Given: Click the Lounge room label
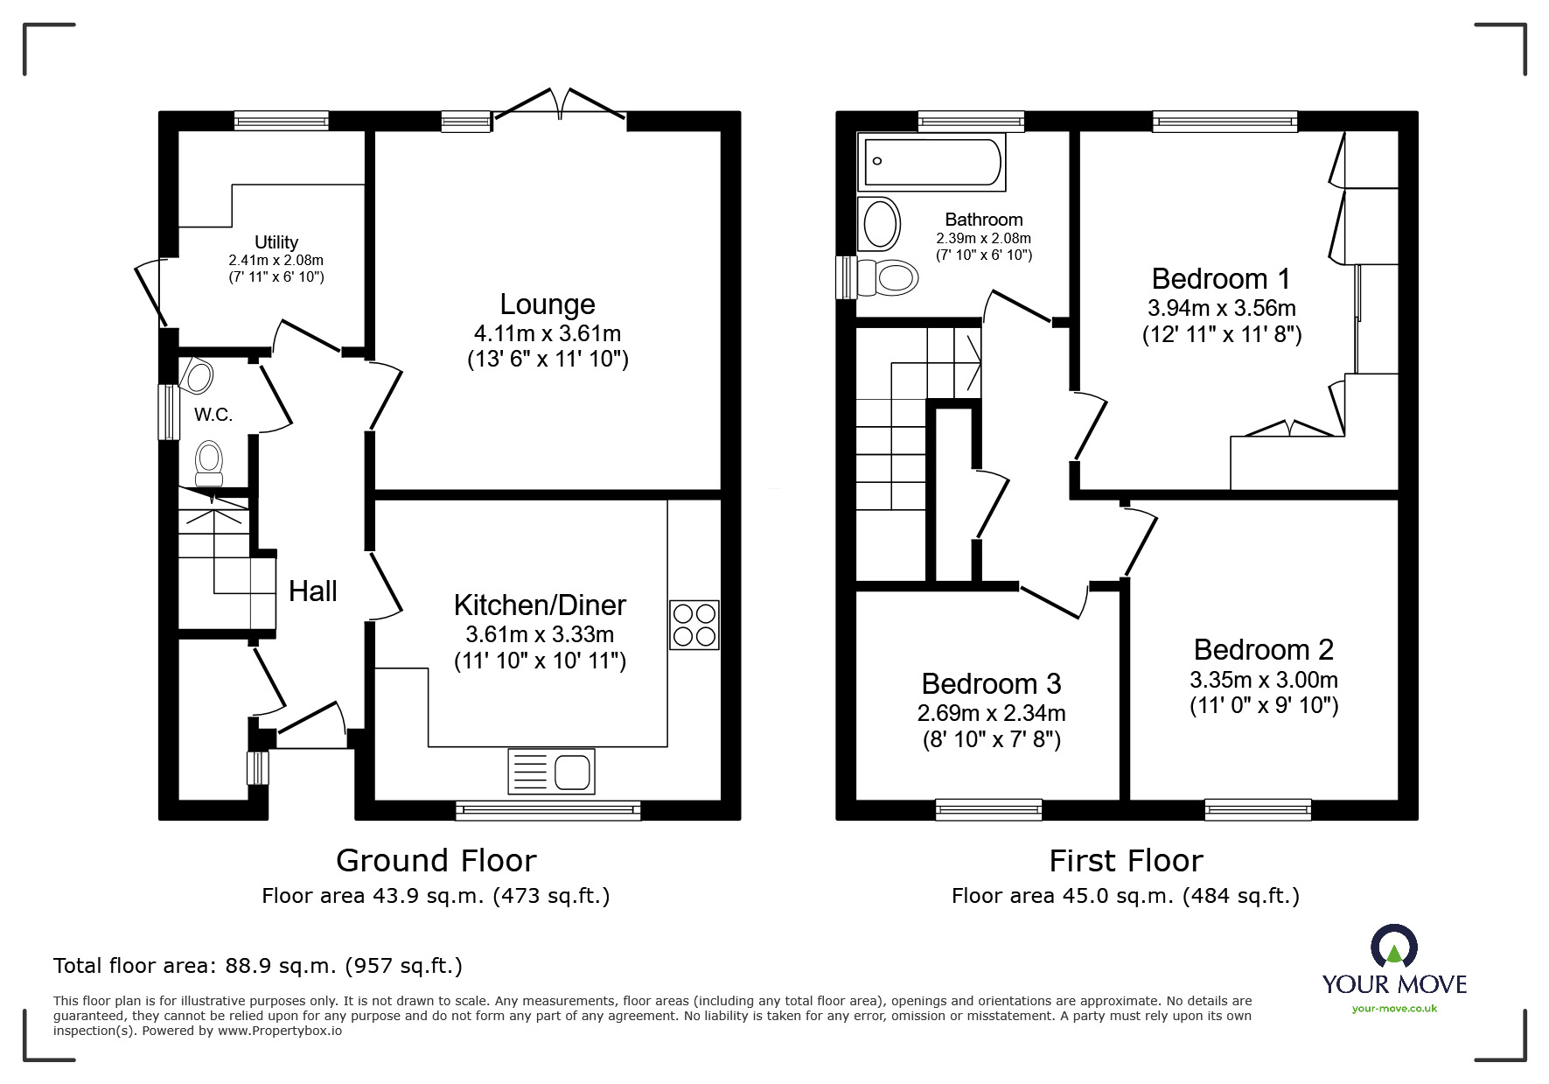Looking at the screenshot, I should [x=548, y=304].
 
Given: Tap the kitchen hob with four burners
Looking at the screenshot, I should [x=694, y=625].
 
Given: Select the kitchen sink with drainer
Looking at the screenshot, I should [x=551, y=771].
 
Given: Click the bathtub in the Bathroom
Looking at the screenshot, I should [x=931, y=162].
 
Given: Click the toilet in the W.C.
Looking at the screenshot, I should [x=208, y=462].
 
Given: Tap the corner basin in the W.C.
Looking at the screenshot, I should [x=199, y=377].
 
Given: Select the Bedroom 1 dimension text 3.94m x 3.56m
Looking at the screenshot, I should [x=1221, y=308].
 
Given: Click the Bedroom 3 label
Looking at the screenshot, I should [x=991, y=683].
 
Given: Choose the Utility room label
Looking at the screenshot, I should [x=276, y=242].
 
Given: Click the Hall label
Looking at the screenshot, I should [x=312, y=591].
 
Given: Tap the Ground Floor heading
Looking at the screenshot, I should [x=436, y=861].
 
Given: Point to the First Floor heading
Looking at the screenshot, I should [x=1126, y=861].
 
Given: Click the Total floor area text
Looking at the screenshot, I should [x=258, y=966].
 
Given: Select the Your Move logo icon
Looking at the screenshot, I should [x=1393, y=947].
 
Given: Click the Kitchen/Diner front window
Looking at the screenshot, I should [x=548, y=811].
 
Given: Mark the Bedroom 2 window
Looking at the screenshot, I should [x=1258, y=810].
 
